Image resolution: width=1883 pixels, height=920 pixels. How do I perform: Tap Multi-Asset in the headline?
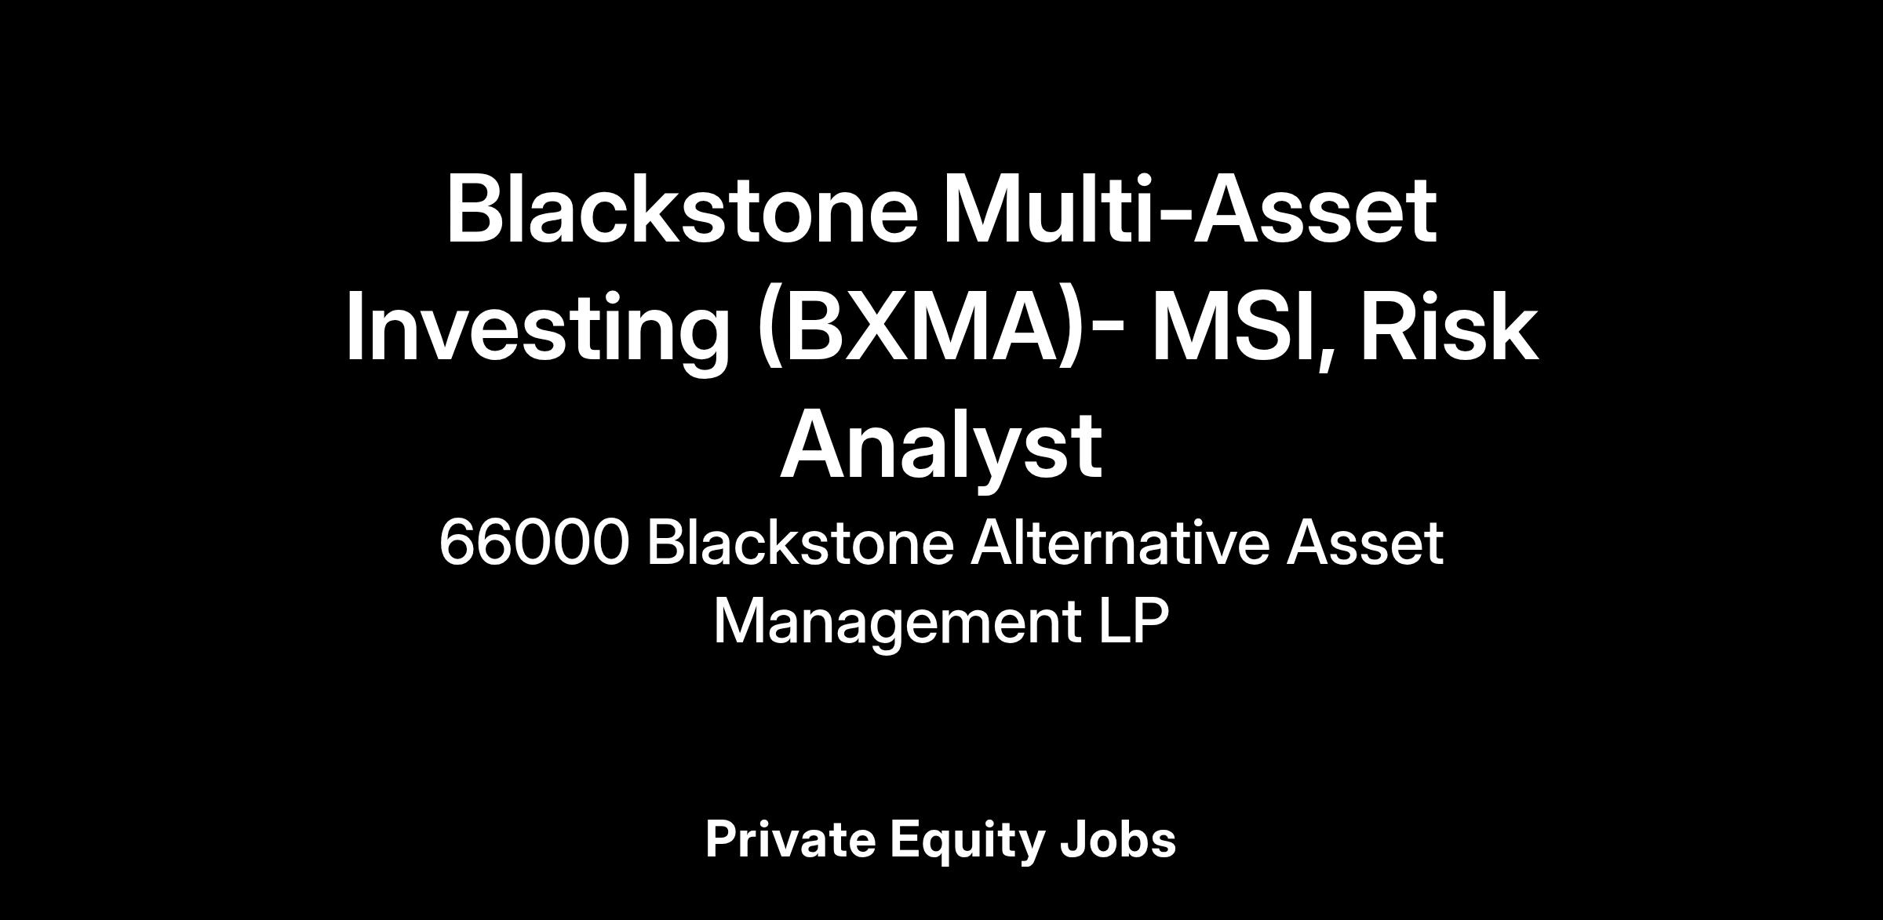click(x=1189, y=209)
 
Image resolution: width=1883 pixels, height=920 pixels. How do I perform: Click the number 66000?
click(x=534, y=542)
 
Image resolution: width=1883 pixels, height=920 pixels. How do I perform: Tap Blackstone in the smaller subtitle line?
click(x=799, y=541)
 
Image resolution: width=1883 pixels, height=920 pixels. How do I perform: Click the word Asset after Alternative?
click(x=1364, y=541)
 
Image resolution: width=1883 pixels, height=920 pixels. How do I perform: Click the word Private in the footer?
click(x=790, y=838)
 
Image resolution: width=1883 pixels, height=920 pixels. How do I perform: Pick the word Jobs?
click(x=1118, y=838)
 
